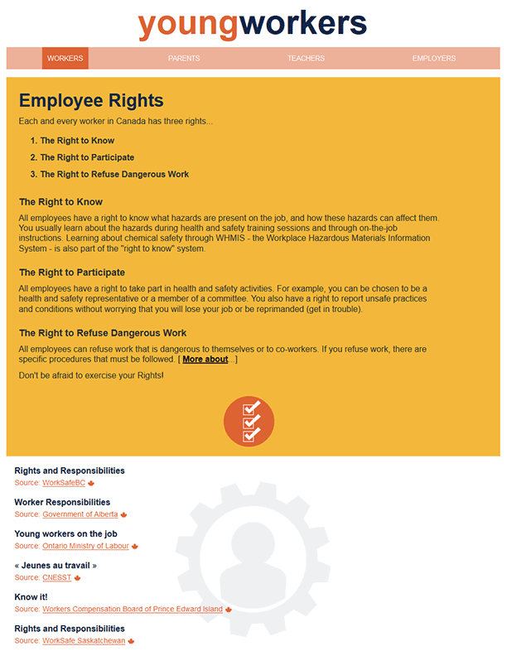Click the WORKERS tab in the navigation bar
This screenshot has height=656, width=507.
click(x=65, y=59)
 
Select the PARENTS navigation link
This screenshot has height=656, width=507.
click(x=184, y=59)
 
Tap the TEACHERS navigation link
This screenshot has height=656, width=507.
click(x=306, y=59)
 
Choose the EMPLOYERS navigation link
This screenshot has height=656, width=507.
click(x=434, y=59)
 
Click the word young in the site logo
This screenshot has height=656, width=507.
click(x=188, y=24)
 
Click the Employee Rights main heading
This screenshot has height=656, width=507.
click(x=91, y=101)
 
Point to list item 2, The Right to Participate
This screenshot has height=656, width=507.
click(x=87, y=157)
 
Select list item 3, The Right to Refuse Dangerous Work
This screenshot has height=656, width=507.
click(x=114, y=174)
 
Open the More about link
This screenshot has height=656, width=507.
click(x=205, y=359)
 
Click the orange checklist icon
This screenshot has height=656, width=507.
click(x=249, y=422)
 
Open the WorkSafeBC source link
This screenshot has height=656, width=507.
click(x=64, y=483)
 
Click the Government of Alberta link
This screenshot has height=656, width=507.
click(x=80, y=514)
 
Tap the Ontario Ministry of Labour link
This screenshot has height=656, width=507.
click(x=85, y=546)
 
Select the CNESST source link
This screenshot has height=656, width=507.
click(x=56, y=577)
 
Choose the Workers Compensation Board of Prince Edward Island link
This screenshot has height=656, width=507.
click(x=133, y=609)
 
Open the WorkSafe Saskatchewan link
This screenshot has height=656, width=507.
click(x=84, y=640)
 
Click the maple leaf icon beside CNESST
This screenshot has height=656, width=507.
click(x=78, y=577)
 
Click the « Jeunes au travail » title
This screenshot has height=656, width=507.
click(x=56, y=566)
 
